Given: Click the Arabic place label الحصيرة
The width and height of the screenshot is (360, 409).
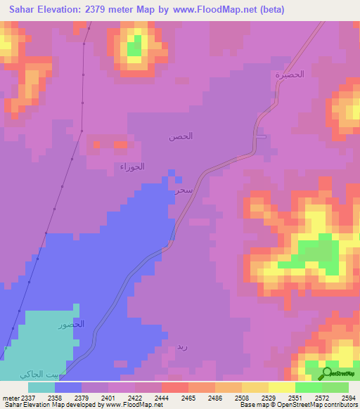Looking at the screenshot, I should click(290, 74).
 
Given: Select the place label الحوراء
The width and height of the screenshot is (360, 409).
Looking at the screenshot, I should click(132, 167).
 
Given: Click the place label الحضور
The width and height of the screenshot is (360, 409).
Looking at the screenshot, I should click(72, 325).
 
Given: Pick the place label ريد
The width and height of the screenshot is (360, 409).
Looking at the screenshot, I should click(182, 346).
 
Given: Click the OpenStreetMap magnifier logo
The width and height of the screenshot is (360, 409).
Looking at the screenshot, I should click(327, 374).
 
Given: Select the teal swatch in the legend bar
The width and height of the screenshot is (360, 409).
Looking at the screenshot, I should click(41, 387).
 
